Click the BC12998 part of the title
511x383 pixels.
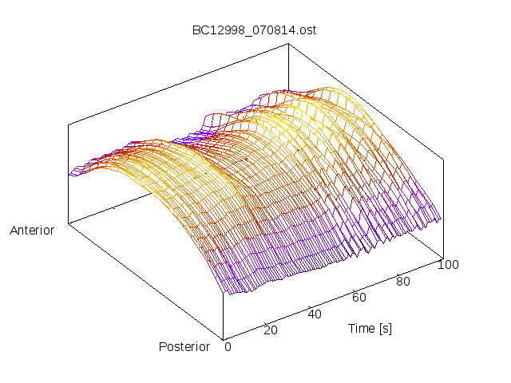click(213, 30)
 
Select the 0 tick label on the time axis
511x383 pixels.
click(228, 346)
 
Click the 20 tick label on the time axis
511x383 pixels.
click(271, 330)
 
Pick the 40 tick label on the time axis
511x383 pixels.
click(315, 314)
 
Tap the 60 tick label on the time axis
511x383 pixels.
click(359, 298)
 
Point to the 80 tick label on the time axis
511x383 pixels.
click(403, 281)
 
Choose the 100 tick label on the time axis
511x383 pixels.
click(448, 265)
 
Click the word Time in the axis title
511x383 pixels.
click(362, 328)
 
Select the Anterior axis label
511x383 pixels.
click(32, 231)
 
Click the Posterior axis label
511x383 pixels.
click(184, 346)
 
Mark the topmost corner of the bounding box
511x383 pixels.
click(288, 44)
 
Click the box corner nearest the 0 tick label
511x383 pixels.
click(224, 338)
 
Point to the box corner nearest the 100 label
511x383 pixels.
click(442, 257)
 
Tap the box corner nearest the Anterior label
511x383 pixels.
click(69, 223)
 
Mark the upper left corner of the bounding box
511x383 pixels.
click(69, 124)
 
